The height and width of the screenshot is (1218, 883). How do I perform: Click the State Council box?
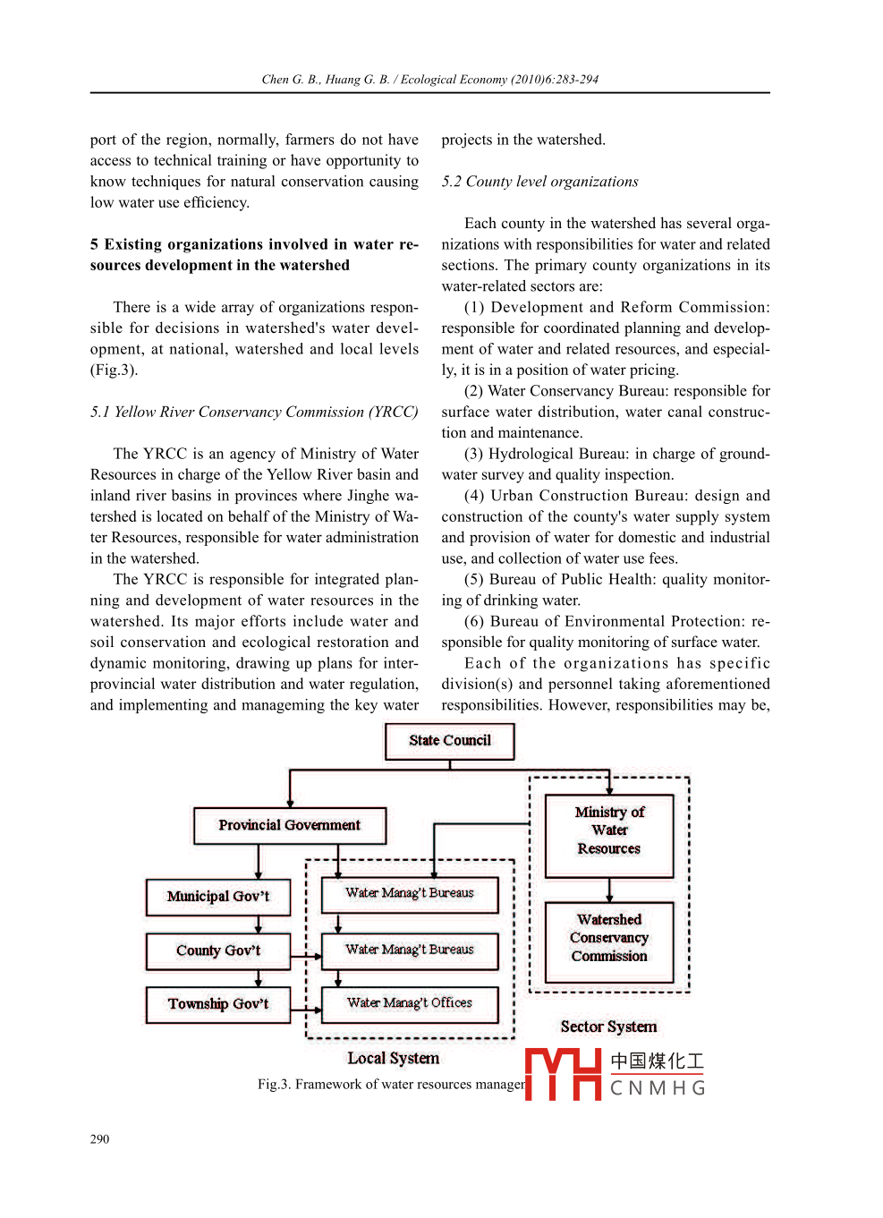click(x=449, y=741)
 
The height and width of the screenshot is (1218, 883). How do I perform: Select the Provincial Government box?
click(x=290, y=825)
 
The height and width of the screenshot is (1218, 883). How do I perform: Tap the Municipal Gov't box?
click(x=218, y=897)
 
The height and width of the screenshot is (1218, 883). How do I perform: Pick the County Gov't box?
click(x=218, y=951)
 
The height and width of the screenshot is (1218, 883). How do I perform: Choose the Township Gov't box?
click(x=218, y=1004)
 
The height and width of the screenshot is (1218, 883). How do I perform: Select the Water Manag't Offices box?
click(x=410, y=1004)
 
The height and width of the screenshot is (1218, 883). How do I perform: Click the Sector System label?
click(x=608, y=1026)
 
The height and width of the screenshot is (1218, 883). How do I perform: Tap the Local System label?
click(x=394, y=1058)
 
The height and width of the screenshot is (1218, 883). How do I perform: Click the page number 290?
click(x=99, y=1139)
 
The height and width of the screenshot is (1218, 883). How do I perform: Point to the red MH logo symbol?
click(x=563, y=1074)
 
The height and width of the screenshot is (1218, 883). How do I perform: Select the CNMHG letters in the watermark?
click(x=658, y=1088)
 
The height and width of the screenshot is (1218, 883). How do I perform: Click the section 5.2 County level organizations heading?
click(x=539, y=182)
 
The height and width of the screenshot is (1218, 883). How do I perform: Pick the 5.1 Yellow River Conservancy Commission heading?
click(x=254, y=412)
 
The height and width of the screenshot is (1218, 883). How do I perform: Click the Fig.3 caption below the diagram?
click(x=390, y=1085)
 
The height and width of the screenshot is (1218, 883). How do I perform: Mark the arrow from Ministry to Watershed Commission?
click(x=609, y=890)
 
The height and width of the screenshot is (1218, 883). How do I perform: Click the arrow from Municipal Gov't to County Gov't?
click(x=259, y=924)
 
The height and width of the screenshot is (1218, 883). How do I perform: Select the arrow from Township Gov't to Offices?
click(x=306, y=1009)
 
